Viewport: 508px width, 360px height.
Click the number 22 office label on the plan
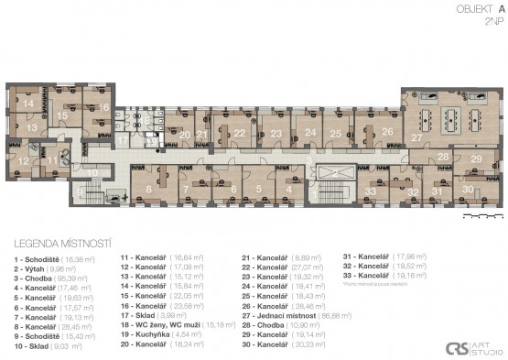239,133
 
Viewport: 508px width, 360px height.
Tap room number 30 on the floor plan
468,189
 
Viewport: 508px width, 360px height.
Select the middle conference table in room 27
451,118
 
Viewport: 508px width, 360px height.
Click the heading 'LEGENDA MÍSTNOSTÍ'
58,245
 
